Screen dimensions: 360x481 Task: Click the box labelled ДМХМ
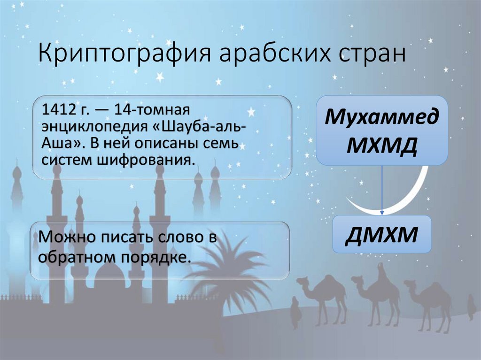point(382,234)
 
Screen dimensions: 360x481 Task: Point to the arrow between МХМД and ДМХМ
point(382,190)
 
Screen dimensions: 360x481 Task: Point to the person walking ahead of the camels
point(295,310)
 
